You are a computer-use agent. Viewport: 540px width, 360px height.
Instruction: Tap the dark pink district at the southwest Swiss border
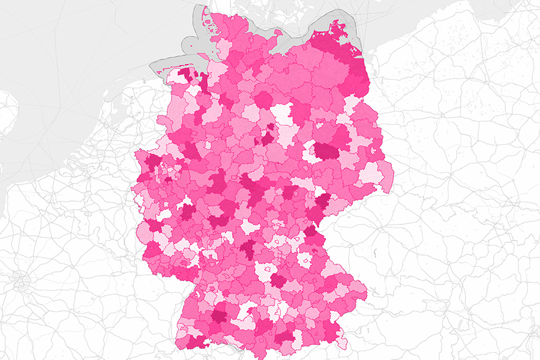click(x=195, y=342)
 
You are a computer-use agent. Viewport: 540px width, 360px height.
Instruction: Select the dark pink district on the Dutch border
click(x=153, y=162)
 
